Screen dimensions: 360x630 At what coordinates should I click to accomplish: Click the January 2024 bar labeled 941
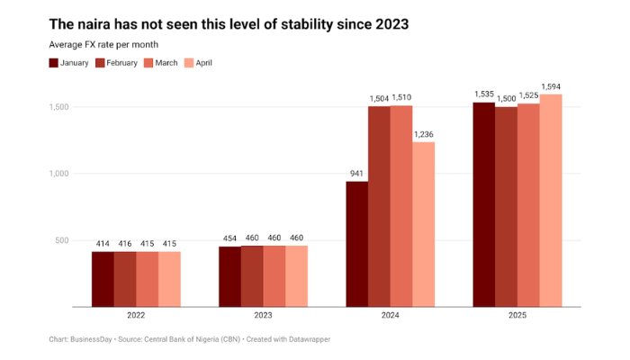click(357, 243)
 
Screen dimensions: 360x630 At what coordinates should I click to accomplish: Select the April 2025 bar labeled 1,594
click(551, 200)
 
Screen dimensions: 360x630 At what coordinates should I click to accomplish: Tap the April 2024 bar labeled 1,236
click(424, 223)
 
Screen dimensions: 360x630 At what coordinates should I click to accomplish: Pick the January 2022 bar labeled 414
click(103, 278)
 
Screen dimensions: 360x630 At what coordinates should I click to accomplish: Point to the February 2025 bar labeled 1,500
click(507, 206)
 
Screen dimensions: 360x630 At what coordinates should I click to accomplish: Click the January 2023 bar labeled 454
click(229, 275)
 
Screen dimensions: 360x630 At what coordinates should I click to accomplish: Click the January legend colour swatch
click(54, 63)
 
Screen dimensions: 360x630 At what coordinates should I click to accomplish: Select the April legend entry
click(197, 63)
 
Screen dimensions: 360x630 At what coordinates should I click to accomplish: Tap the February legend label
click(121, 63)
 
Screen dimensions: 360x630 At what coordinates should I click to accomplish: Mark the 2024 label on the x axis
click(391, 316)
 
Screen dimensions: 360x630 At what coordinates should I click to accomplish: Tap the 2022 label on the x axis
click(136, 316)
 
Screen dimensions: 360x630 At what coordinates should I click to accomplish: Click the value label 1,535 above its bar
click(485, 94)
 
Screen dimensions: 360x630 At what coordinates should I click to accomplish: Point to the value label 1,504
click(379, 98)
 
